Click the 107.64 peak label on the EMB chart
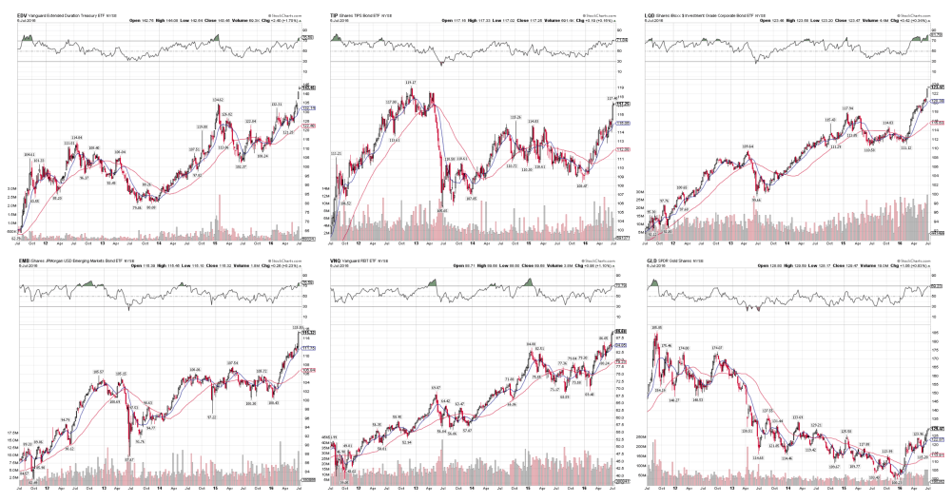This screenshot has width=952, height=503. (x=231, y=362)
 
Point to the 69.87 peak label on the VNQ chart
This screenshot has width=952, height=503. (x=436, y=387)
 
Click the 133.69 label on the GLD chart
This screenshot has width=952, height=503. (x=798, y=416)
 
